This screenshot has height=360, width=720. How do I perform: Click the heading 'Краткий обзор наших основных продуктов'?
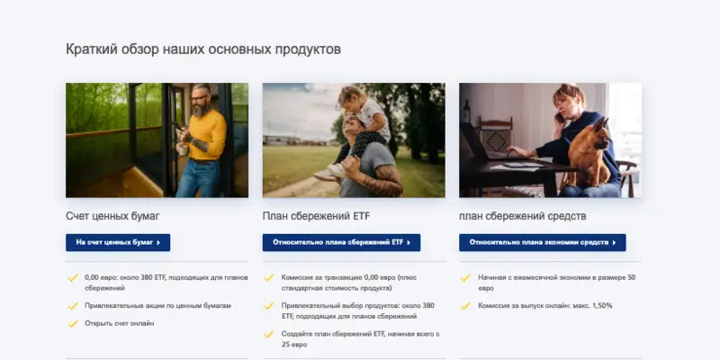pos(202,49)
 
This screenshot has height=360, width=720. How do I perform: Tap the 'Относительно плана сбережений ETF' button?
pos(341,242)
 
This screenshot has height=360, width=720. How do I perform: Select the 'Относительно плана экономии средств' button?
pos(542,242)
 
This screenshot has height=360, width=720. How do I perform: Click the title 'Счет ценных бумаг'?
pos(112,216)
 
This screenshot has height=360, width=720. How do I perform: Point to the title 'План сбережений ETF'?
pos(316,216)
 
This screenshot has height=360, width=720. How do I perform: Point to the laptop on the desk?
pos(486,148)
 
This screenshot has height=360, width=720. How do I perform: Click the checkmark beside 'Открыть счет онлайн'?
pos(73,323)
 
